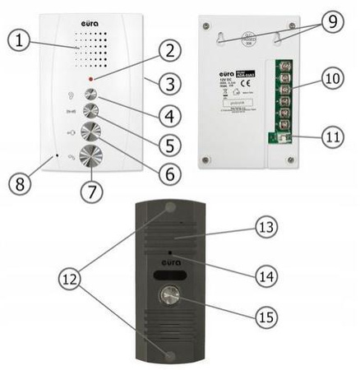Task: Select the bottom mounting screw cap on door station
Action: [x=170, y=356]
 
